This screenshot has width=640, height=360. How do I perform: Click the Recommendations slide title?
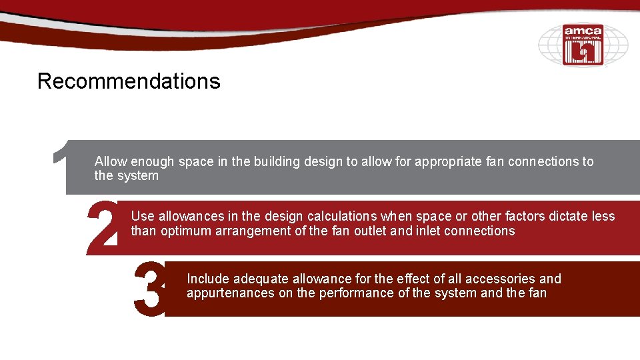[x=129, y=81]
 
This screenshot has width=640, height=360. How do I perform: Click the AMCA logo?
[x=583, y=45]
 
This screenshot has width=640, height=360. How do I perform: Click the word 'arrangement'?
[x=256, y=231]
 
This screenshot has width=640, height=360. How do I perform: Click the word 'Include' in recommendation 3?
[x=208, y=279]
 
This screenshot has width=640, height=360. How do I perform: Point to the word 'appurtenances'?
[x=230, y=293]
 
